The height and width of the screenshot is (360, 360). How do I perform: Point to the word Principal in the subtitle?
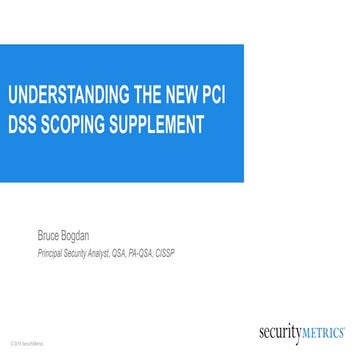point(49,254)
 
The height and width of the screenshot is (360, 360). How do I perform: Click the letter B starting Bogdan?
point(71,238)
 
